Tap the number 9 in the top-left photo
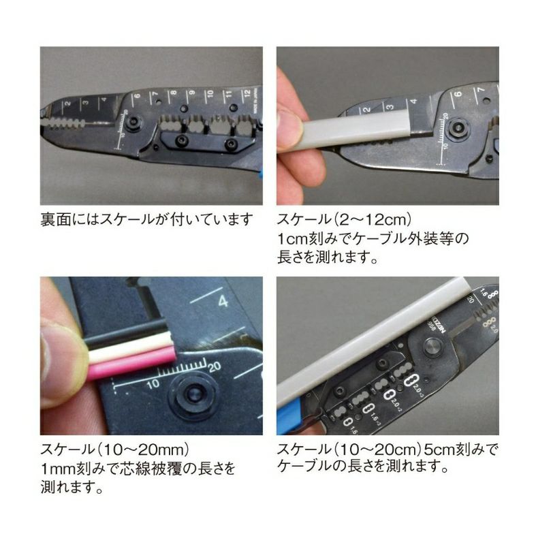[192, 93]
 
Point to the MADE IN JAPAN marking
[255, 101]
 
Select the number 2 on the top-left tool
[67, 103]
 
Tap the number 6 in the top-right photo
[458, 93]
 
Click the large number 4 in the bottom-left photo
[223, 301]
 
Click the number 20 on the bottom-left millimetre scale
[215, 367]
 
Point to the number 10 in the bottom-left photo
[153, 384]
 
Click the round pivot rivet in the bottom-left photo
[193, 396]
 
